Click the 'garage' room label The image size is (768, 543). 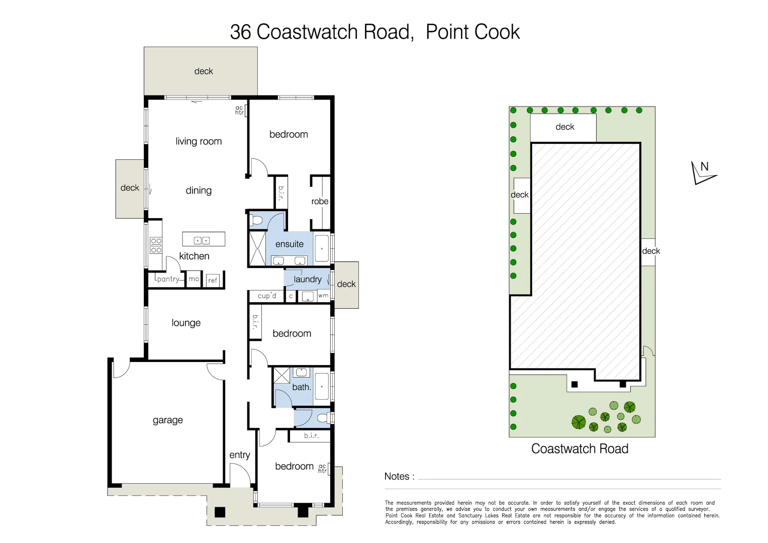167,420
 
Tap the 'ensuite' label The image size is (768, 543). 290,244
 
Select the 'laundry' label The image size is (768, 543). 307,279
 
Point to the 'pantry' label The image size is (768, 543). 168,279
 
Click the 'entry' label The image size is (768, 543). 239,455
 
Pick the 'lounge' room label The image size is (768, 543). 186,323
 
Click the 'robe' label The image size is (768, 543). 320,201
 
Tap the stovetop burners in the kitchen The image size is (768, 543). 156,246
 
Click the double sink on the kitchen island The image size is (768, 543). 202,240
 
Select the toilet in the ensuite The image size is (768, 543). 256,220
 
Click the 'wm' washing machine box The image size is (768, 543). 323,296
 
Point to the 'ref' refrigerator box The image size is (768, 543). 213,281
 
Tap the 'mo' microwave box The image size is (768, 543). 194,279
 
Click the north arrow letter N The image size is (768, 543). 704,167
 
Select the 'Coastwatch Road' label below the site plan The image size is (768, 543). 580,448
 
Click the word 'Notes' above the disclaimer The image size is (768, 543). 397,476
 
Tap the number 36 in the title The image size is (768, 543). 240,32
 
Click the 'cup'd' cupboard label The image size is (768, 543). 267,296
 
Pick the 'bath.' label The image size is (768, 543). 302,387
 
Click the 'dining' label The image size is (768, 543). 199,191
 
